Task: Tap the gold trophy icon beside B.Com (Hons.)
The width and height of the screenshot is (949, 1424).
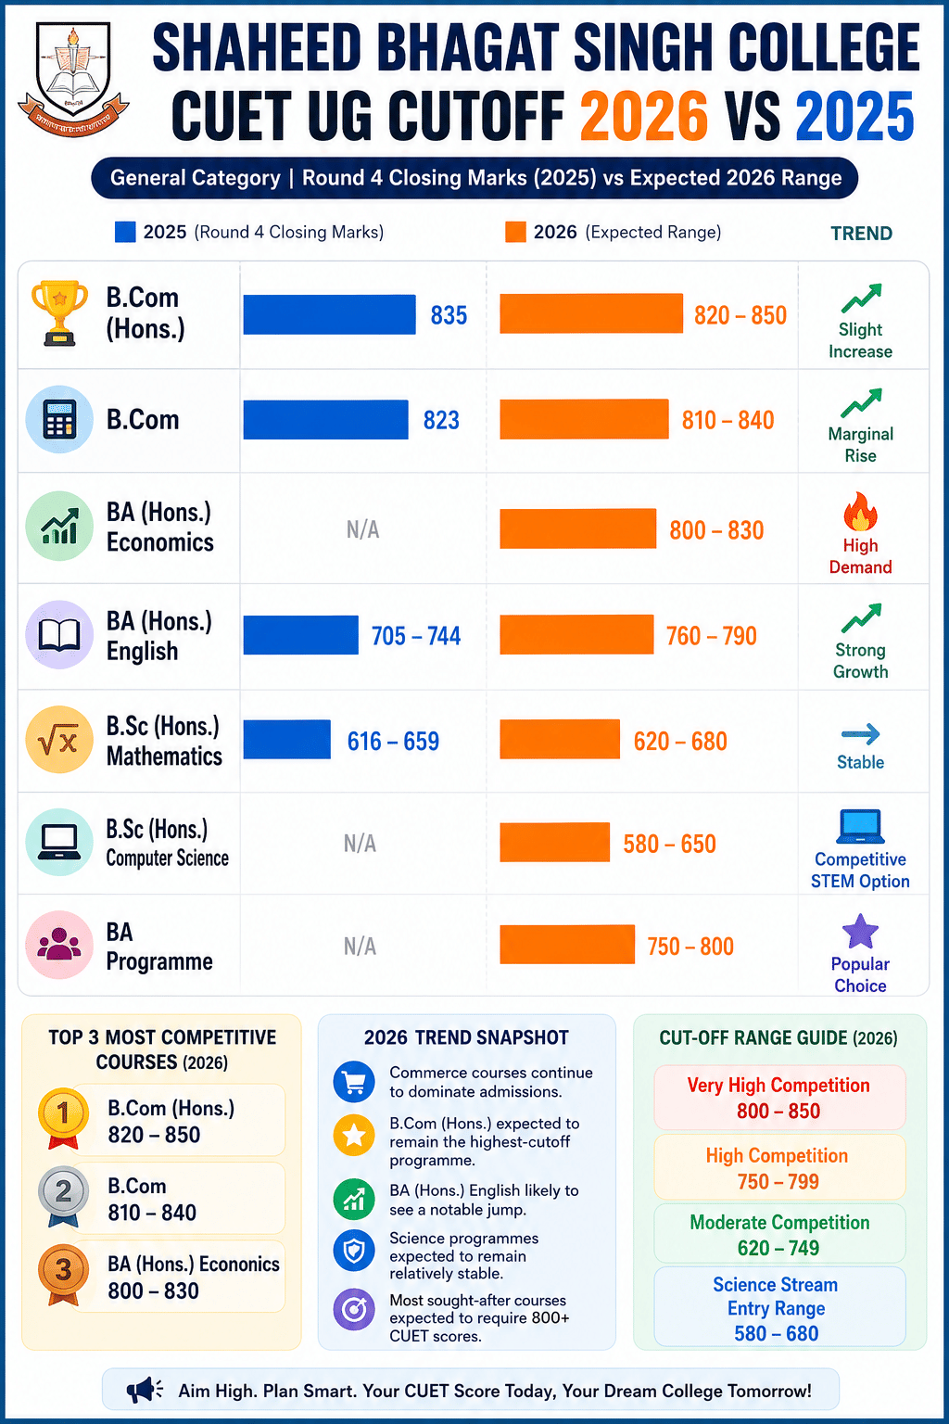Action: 59,312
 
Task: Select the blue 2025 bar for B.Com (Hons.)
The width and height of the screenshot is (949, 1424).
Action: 329,314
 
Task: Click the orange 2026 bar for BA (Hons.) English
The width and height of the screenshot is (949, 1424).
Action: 576,634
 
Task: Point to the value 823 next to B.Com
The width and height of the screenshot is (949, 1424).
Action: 441,420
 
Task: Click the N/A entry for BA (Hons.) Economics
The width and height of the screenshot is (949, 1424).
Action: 363,529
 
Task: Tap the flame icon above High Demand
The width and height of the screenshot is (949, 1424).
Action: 860,511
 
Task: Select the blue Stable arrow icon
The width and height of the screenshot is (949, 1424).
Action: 861,734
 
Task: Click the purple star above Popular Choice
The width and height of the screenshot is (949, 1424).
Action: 860,932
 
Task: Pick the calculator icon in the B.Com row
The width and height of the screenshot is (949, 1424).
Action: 59,420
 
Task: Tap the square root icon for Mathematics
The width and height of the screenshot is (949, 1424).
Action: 59,739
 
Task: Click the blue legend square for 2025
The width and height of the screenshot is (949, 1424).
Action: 125,232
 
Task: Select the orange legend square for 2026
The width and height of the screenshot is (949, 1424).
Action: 515,232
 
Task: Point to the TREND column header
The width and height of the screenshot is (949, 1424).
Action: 861,234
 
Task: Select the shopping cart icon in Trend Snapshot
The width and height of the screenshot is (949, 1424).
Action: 354,1081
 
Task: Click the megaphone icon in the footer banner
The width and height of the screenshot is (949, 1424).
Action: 145,1391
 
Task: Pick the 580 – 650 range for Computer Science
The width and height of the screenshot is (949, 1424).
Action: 669,845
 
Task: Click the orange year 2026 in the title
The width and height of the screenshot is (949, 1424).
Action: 644,116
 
